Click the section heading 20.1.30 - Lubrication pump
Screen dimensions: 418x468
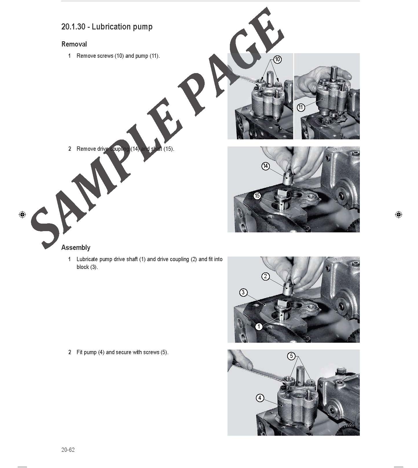pyautogui.click(x=107, y=27)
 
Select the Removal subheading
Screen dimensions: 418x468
pyautogui.click(x=74, y=44)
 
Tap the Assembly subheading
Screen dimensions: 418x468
pyautogui.click(x=76, y=248)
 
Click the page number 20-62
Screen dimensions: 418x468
pyautogui.click(x=68, y=450)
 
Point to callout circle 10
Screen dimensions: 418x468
pyautogui.click(x=277, y=60)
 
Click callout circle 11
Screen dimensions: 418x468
pyautogui.click(x=301, y=107)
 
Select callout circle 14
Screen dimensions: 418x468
pyautogui.click(x=265, y=166)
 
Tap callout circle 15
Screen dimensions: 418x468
pyautogui.click(x=257, y=196)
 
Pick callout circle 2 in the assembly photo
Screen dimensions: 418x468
pyautogui.click(x=265, y=276)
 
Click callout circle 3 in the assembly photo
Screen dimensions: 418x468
pyautogui.click(x=243, y=293)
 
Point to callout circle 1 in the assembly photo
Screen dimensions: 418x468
pyautogui.click(x=259, y=327)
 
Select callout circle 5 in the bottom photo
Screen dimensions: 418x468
pyautogui.click(x=291, y=356)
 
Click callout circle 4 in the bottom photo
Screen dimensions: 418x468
pyautogui.click(x=260, y=398)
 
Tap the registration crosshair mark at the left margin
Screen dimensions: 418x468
pyautogui.click(x=22, y=215)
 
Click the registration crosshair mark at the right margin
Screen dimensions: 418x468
pyautogui.click(x=398, y=215)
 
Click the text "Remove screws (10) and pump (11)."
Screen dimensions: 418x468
pyautogui.click(x=118, y=56)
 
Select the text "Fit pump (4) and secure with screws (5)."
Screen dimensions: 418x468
pyautogui.click(x=122, y=352)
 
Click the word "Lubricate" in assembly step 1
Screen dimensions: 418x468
pyautogui.click(x=87, y=259)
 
